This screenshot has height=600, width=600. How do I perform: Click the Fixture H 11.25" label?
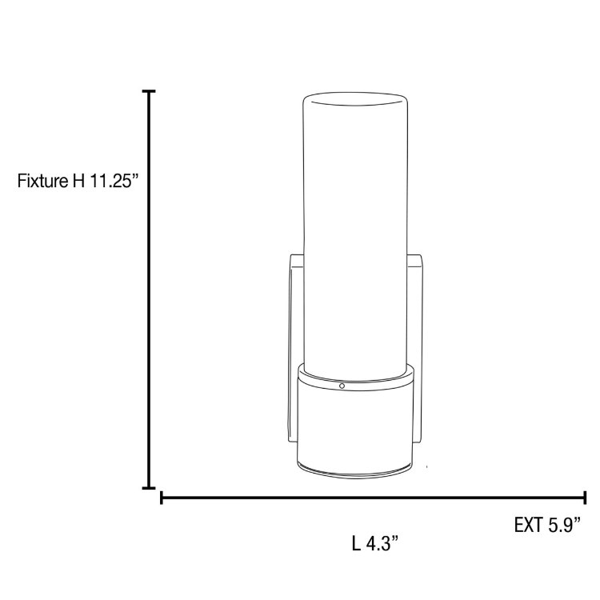(78, 181)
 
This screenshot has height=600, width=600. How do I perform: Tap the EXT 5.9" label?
(547, 526)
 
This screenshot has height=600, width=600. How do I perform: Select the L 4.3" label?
(374, 545)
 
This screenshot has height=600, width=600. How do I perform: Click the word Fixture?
(42, 181)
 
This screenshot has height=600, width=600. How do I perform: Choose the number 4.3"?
(382, 545)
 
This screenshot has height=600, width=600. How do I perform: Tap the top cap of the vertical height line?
(149, 93)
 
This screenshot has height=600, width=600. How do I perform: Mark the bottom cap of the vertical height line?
(149, 486)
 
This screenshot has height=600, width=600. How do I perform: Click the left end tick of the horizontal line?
(162, 498)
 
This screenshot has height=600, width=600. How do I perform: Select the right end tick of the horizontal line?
(586, 498)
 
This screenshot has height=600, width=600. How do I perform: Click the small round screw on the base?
(342, 386)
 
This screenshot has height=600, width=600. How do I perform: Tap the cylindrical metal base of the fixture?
(357, 424)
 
